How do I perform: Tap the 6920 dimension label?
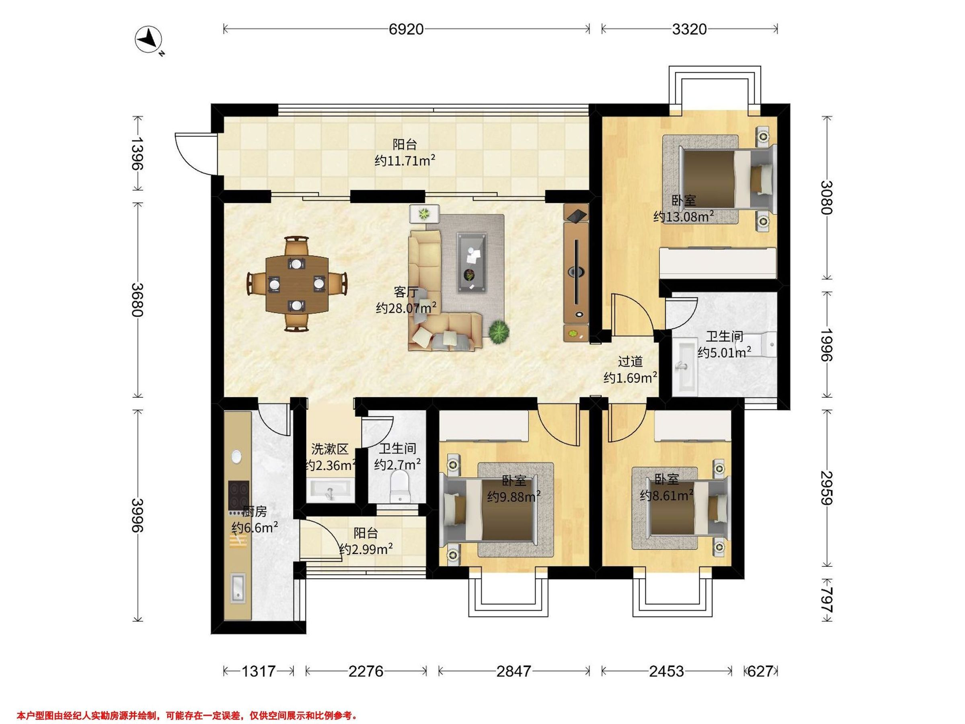406,29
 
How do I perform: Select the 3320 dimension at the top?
689,29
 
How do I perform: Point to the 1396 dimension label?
138,153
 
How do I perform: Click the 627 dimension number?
760,671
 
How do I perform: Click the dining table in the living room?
297,284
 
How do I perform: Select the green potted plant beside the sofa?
499,332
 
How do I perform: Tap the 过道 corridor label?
630,362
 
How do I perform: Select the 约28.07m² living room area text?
406,308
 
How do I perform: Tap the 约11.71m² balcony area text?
405,160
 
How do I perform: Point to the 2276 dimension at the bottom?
365,671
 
